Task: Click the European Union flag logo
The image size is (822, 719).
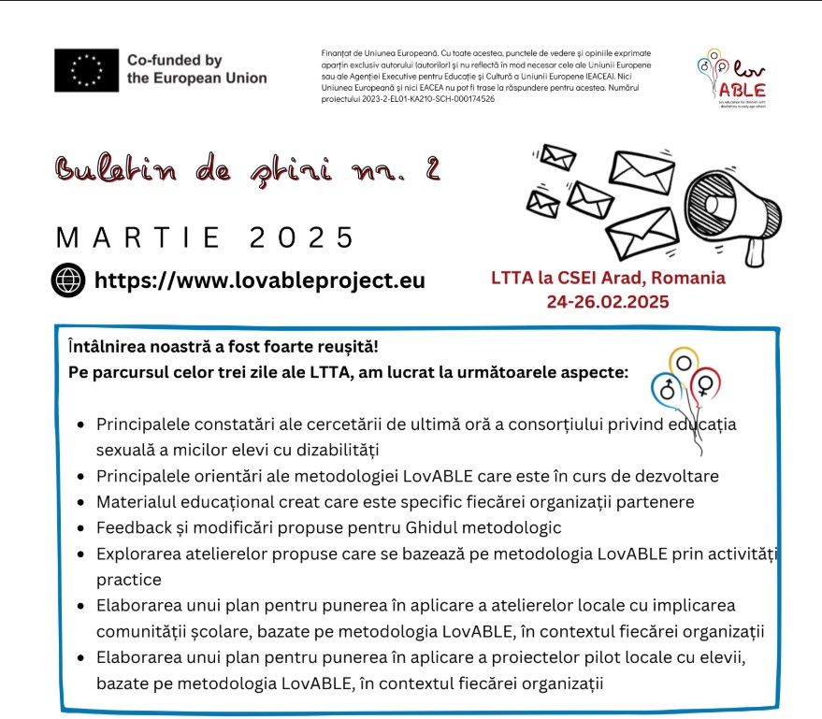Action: [86, 69]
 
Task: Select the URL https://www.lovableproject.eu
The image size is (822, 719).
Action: [260, 280]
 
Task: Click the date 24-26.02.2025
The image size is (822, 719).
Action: [608, 302]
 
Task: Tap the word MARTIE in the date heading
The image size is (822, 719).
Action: [139, 237]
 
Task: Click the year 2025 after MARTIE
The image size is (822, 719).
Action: [303, 237]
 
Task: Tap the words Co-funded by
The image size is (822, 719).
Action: [174, 60]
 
